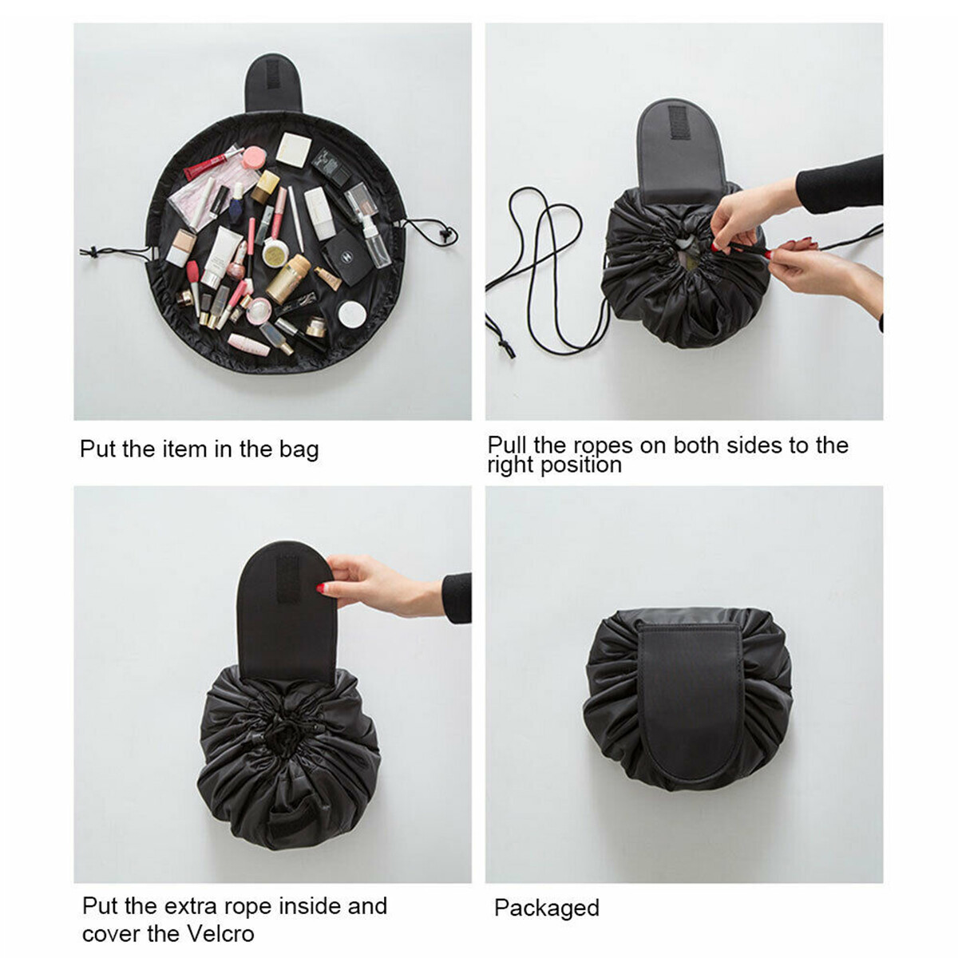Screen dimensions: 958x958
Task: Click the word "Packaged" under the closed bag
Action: point(546,908)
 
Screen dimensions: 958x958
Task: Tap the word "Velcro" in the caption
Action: point(216,933)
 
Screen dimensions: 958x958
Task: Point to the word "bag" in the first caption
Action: point(299,449)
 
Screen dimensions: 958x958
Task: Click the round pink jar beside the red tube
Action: point(253,157)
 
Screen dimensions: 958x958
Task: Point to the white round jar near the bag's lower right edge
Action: point(351,314)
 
